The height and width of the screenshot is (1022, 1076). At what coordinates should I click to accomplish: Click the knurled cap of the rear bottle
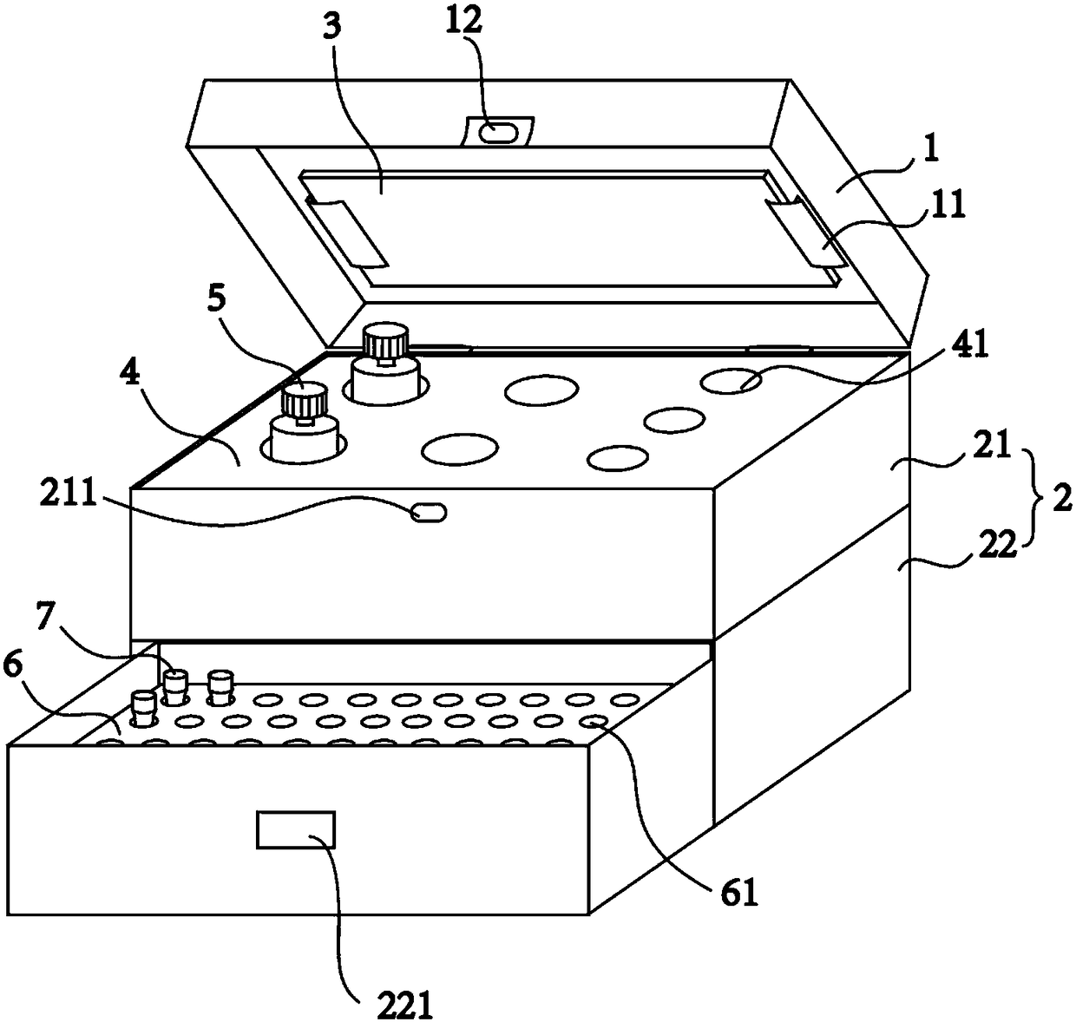(385, 339)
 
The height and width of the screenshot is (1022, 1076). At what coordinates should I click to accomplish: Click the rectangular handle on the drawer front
(296, 829)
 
